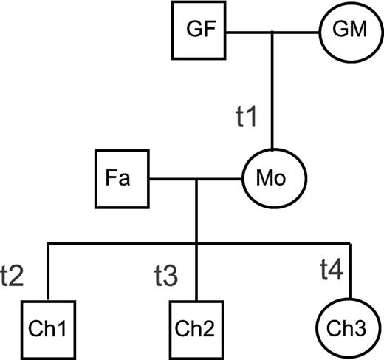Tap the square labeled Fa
[123, 178]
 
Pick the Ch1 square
[48, 326]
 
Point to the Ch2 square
[196, 326]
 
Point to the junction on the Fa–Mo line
[196, 178]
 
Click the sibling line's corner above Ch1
[48, 243]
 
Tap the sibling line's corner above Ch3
[348, 243]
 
